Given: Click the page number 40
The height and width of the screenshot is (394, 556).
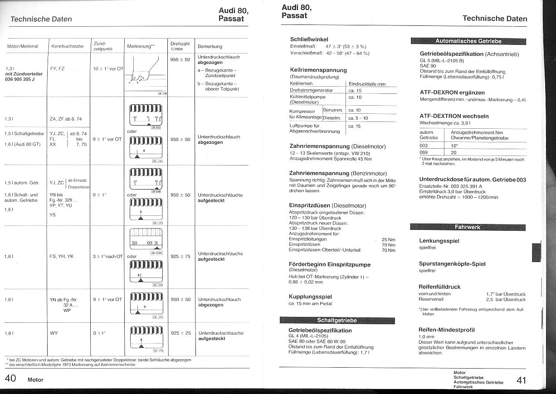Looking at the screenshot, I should point(10,379).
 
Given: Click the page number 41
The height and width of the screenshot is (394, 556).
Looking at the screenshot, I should point(522,380).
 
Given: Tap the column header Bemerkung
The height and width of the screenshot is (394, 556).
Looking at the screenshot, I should point(210,46).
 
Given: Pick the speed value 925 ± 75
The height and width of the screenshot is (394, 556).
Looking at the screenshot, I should point(180,256).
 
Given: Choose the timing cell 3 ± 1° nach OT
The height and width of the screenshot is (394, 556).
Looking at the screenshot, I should point(108,256).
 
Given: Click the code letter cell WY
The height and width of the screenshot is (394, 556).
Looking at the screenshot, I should point(54,333).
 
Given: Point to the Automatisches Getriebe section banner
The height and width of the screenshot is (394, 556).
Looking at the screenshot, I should point(468,41).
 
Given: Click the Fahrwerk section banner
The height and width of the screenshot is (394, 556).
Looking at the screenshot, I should point(467,227).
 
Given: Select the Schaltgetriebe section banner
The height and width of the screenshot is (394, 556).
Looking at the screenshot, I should point(337,321).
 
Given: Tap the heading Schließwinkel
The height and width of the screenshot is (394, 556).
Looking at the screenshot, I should point(309,39).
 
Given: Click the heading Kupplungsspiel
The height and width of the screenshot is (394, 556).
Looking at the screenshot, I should point(310,297).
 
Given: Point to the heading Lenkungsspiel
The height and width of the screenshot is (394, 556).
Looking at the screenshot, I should point(439,241).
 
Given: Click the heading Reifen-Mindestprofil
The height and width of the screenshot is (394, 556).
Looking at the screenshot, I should point(446,330).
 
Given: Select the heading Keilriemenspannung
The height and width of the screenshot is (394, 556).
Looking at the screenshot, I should point(318,70).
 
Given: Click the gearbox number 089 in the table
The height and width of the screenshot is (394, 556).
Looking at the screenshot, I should point(424,152).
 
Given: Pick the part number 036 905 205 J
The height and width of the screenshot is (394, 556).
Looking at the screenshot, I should point(20,79).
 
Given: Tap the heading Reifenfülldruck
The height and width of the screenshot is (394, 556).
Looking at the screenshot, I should point(439,287).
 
